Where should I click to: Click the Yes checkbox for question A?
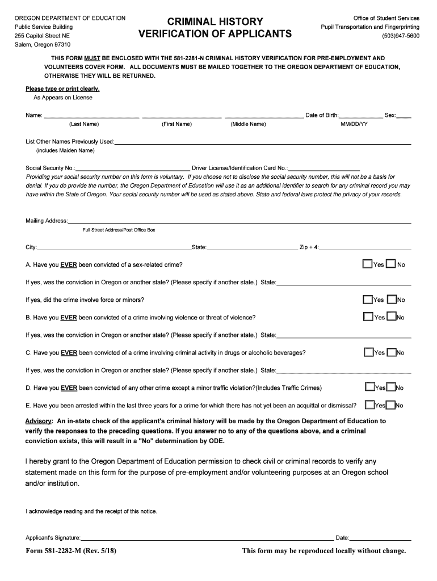tap(368, 264)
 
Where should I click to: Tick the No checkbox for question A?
tap(390, 264)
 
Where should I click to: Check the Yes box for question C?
tap(368, 352)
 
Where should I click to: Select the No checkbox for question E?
tap(391, 405)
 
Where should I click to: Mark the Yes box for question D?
tap(369, 388)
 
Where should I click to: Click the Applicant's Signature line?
tap(207, 538)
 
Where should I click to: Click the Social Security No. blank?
tap(133, 169)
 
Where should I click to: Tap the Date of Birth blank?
tap(361, 116)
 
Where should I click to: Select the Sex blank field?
tap(404, 116)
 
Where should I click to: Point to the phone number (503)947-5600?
tap(401, 35)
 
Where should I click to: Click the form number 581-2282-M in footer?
tap(72, 551)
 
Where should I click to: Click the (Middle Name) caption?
tap(248, 124)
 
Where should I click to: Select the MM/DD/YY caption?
tap(354, 124)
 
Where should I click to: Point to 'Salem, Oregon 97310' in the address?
tap(43, 44)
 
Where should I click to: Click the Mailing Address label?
tap(47, 221)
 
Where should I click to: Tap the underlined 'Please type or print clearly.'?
tap(62, 89)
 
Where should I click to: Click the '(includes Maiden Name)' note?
tap(65, 150)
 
